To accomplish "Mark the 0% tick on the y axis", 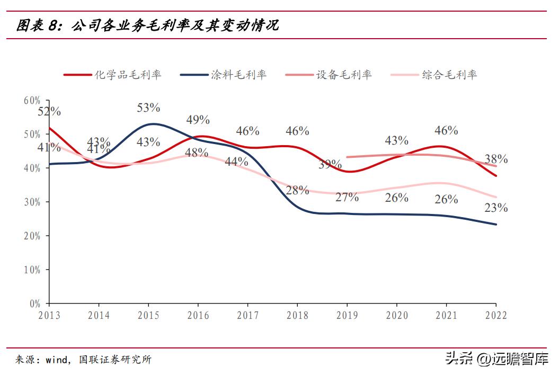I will pyautogui.click(x=35, y=303).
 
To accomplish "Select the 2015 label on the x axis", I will pyautogui.click(x=148, y=316).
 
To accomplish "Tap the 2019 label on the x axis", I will pyautogui.click(x=347, y=316).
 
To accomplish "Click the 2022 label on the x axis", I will pyautogui.click(x=495, y=316).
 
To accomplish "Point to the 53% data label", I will pyautogui.click(x=148, y=108).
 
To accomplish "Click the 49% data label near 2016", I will pyautogui.click(x=198, y=120).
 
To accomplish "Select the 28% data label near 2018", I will pyautogui.click(x=297, y=190).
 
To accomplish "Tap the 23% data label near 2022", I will pyautogui.click(x=496, y=208).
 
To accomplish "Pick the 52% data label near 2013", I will pyautogui.click(x=49, y=112).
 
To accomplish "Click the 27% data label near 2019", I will pyautogui.click(x=347, y=197).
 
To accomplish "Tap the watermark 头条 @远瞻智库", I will pyautogui.click(x=496, y=359).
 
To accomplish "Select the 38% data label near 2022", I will pyautogui.click(x=496, y=159).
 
